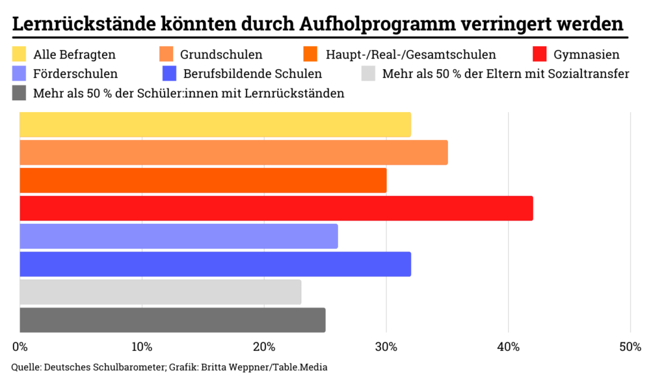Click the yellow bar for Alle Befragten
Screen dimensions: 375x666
(x=215, y=124)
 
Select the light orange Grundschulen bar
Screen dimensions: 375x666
(x=233, y=152)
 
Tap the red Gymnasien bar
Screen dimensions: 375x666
(x=276, y=208)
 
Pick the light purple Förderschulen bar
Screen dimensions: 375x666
(x=179, y=236)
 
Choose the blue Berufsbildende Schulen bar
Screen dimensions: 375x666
(x=215, y=264)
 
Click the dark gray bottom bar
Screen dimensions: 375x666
(x=172, y=320)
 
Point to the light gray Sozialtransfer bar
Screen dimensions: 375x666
(x=160, y=292)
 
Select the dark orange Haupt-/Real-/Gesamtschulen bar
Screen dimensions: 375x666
(x=203, y=180)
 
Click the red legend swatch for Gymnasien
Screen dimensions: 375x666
(x=540, y=54)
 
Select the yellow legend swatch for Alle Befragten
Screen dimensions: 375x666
(x=20, y=54)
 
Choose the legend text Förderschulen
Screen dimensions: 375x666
(x=75, y=74)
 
